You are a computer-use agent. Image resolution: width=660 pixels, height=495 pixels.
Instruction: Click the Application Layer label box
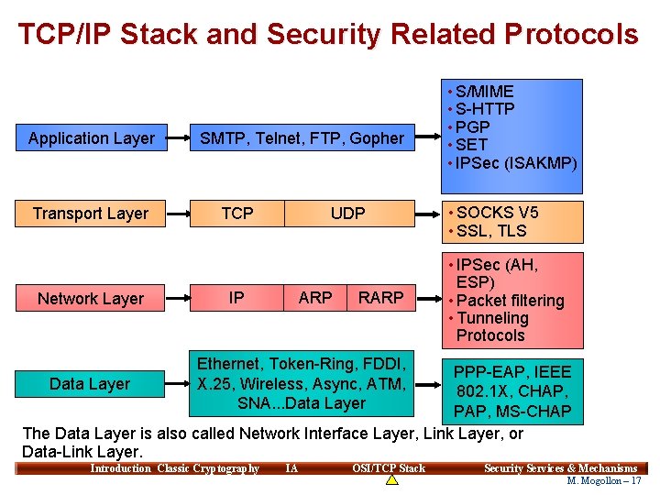[x=91, y=138]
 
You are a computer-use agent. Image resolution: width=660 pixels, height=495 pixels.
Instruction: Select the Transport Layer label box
[x=91, y=214]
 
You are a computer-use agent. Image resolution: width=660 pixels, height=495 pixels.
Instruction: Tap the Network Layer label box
[x=91, y=298]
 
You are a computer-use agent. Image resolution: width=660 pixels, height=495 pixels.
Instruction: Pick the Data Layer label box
[x=90, y=383]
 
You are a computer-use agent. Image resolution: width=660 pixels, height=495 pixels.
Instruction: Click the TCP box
[x=237, y=214]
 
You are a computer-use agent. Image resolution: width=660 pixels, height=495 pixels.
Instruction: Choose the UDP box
[x=347, y=214]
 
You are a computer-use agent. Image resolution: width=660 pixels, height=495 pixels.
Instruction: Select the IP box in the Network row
[x=236, y=298]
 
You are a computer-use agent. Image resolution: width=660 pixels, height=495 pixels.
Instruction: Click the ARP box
[x=315, y=298]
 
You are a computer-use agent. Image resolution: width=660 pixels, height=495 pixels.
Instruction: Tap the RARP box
[x=380, y=298]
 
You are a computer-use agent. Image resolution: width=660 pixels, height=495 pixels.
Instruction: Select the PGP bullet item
[x=472, y=126]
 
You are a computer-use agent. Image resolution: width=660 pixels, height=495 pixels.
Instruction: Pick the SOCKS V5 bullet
[x=497, y=213]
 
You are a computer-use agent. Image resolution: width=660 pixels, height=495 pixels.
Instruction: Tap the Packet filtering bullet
[x=509, y=301]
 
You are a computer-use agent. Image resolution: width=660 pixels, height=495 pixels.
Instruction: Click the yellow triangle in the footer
[x=391, y=479]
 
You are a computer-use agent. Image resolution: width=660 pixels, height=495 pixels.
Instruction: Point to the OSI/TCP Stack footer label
[x=389, y=468]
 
